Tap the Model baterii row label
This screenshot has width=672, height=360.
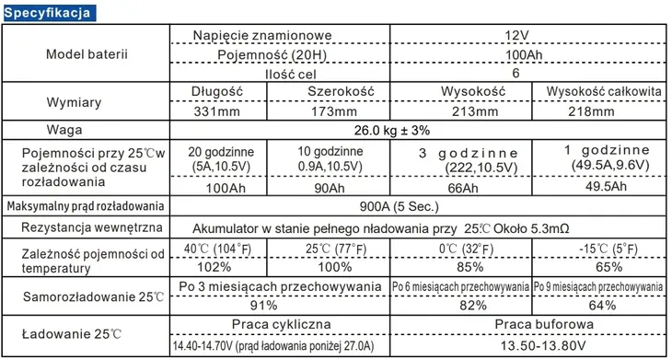point(87,54)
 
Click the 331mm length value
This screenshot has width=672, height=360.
point(214,110)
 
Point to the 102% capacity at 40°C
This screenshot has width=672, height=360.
point(214,268)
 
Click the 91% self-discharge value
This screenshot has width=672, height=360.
point(276,305)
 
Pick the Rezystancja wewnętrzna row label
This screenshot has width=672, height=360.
point(85,226)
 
